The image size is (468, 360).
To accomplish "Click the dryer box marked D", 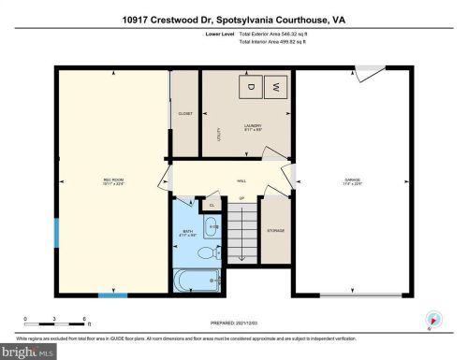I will pyautogui.click(x=251, y=87).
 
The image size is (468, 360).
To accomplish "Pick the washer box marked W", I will pyautogui.click(x=276, y=87).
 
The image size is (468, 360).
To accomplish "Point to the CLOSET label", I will pyautogui.click(x=185, y=113).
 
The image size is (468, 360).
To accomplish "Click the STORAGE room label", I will pyautogui.click(x=275, y=231).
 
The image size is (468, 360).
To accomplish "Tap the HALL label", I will pyautogui.click(x=241, y=180).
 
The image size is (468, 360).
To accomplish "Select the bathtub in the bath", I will pyautogui.click(x=197, y=280).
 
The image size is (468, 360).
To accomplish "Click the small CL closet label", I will pyautogui.click(x=212, y=203).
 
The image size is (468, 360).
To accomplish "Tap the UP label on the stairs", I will pyautogui.click(x=241, y=199).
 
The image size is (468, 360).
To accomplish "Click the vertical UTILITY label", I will pyautogui.click(x=219, y=134).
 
